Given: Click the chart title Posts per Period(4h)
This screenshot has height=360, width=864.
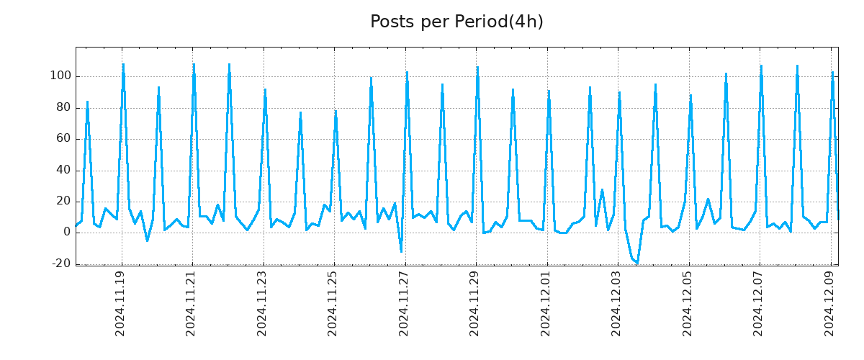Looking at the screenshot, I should click(x=456, y=22).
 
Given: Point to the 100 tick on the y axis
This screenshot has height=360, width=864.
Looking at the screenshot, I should click(x=60, y=76).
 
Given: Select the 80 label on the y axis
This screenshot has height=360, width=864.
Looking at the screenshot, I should click(x=63, y=108).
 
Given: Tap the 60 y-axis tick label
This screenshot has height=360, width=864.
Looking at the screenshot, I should click(x=63, y=139).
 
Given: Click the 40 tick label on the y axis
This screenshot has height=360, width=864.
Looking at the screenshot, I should click(x=63, y=171).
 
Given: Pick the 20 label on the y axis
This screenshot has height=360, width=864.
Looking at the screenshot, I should click(x=63, y=202).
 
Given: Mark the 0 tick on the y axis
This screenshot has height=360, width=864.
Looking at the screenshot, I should click(x=66, y=233).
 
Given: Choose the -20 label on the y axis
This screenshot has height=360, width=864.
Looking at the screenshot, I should click(x=61, y=264).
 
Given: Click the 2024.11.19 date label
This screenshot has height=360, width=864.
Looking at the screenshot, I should click(x=121, y=303).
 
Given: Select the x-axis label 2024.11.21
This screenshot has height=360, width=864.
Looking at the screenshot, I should click(x=192, y=303).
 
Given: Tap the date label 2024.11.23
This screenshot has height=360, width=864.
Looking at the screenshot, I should click(x=263, y=303).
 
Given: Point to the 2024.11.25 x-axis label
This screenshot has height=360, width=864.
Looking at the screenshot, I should click(x=333, y=303).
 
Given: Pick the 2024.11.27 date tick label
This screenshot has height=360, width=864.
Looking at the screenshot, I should click(x=405, y=303).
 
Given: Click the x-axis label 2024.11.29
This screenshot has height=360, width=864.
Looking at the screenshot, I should click(x=475, y=303).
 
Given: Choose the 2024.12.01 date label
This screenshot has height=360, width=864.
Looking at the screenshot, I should click(x=546, y=303).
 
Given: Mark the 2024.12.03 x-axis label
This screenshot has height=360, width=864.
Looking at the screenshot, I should click(x=617, y=303).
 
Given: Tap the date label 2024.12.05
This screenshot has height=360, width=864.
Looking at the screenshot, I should click(x=688, y=303).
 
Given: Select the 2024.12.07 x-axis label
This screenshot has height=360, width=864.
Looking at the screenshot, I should click(x=759, y=303).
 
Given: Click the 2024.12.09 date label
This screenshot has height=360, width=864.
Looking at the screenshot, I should click(x=830, y=303).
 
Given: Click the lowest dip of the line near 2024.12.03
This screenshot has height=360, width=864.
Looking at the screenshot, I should click(x=637, y=263).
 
